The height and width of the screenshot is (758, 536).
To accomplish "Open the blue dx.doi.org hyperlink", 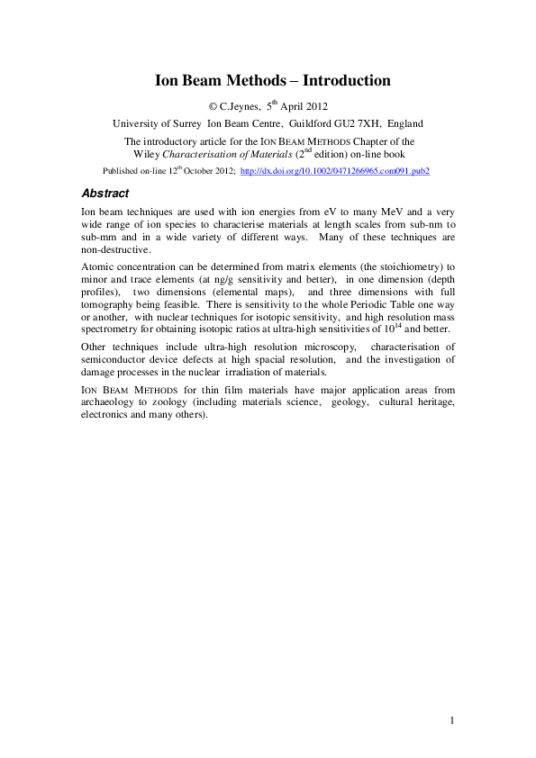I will (335, 170).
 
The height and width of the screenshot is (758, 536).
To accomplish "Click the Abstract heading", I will (104, 194).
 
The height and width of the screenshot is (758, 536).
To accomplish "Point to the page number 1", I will (452, 719).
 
